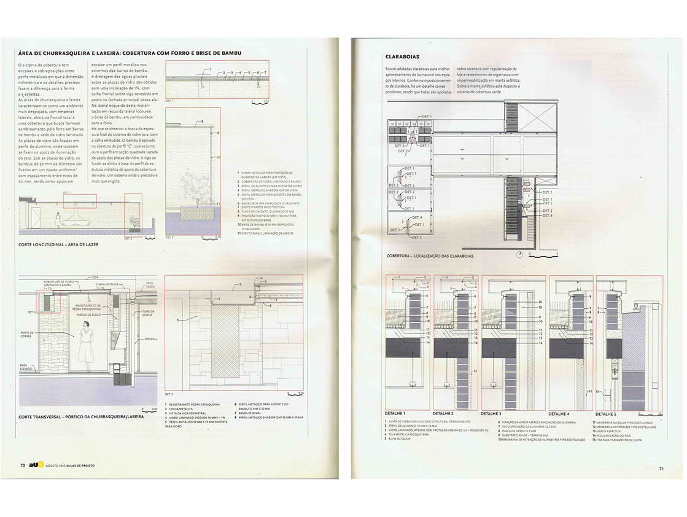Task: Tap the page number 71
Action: point(661,469)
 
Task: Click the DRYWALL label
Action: point(151,339)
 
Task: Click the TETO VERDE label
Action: point(150,286)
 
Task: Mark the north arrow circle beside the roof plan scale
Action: point(521,254)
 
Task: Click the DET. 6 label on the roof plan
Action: point(547,216)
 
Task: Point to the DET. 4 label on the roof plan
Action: point(417,217)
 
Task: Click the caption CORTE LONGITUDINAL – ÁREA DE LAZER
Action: point(59,244)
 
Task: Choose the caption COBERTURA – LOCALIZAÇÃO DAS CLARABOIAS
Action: point(430,255)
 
